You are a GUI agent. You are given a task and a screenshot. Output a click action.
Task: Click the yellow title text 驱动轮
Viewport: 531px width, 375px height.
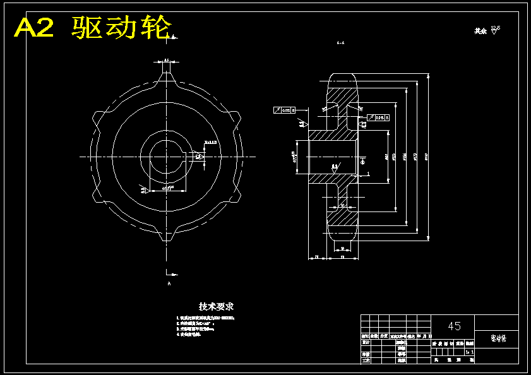click(x=121, y=28)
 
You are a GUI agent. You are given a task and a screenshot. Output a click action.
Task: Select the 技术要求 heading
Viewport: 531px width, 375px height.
click(x=217, y=306)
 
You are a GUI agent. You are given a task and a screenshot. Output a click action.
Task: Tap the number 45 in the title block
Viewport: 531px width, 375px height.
click(x=454, y=326)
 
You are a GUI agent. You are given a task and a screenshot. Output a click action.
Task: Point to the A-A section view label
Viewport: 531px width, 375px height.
click(x=340, y=43)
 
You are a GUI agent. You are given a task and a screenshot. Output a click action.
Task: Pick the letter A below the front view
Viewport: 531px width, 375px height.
click(x=169, y=285)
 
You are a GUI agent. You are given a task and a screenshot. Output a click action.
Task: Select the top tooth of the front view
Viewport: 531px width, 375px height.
click(x=166, y=75)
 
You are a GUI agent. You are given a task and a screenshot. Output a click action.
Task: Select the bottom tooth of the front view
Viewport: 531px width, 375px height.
click(x=166, y=236)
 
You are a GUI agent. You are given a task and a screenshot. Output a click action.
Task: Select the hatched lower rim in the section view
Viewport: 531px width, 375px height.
click(x=342, y=218)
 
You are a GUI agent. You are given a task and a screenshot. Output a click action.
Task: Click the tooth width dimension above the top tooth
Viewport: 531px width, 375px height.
click(x=166, y=61)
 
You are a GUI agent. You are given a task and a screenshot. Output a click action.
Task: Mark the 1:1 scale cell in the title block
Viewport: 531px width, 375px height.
click(x=469, y=351)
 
